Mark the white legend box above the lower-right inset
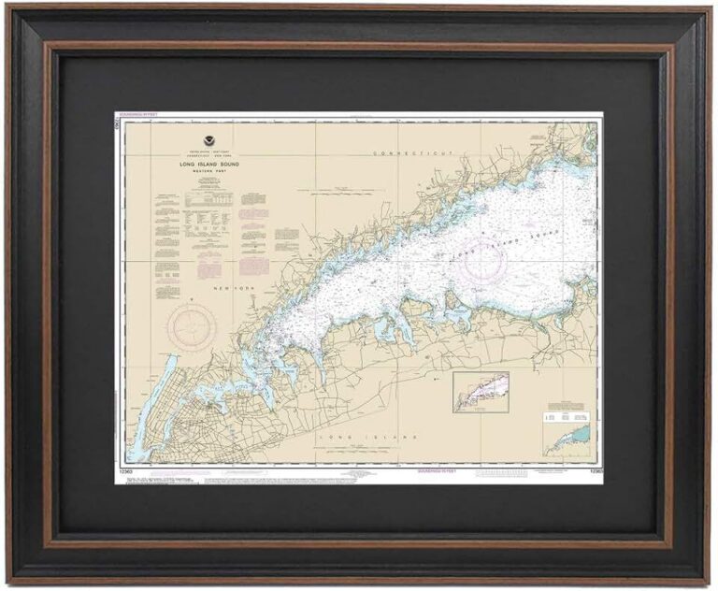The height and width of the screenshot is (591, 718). [567, 412]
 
